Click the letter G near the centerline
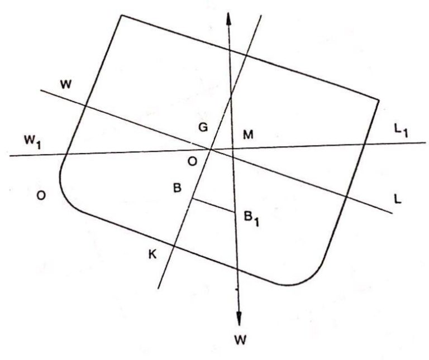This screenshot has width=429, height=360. click(203, 127)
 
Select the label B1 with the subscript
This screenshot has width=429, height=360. click(251, 218)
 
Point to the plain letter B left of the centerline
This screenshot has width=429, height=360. click(178, 188)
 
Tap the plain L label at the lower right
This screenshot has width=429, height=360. click(398, 199)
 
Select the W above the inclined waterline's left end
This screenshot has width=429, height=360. click(66, 84)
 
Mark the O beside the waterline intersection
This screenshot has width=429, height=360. click(192, 161)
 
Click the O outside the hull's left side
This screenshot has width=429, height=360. click(41, 195)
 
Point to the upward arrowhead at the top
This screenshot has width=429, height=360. click(228, 18)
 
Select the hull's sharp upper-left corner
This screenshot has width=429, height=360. click(121, 16)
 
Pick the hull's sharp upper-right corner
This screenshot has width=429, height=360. click(379, 100)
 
